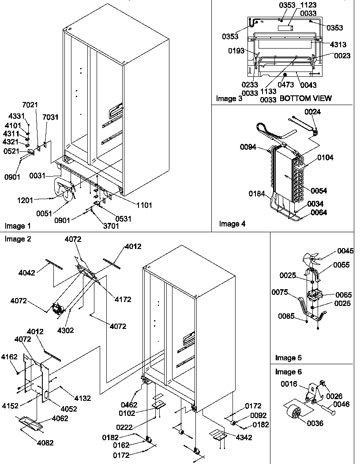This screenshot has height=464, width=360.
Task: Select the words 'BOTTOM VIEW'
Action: pyautogui.click(x=306, y=98)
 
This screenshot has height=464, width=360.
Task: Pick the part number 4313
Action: pyautogui.click(x=337, y=45)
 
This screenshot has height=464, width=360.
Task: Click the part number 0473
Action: pyautogui.click(x=286, y=84)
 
